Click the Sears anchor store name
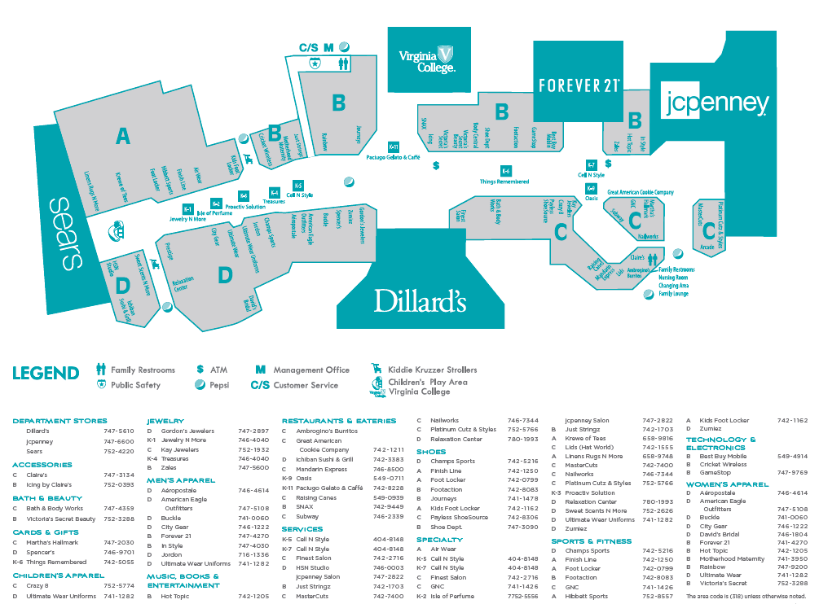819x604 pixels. pos(66,234)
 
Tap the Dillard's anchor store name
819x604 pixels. pos(420,301)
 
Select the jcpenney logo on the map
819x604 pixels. pos(716,103)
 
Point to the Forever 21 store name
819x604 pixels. pos(578,85)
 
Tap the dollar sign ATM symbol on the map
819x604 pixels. pos(436,165)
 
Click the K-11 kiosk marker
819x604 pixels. pos(394,147)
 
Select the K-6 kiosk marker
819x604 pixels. pos(505,171)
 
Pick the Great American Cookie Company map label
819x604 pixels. pos(641,193)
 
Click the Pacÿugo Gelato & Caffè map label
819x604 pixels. pos(393,157)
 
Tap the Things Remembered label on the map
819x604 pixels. pos(504,182)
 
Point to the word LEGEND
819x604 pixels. pos(46,374)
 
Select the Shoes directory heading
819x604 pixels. pos(431,452)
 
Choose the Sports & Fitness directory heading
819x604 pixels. pos(591,541)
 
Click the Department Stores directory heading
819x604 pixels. pos(59,421)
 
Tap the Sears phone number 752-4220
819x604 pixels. pos(119,451)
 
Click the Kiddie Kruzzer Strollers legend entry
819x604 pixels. pos(432,370)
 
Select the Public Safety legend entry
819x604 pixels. pos(135,385)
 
